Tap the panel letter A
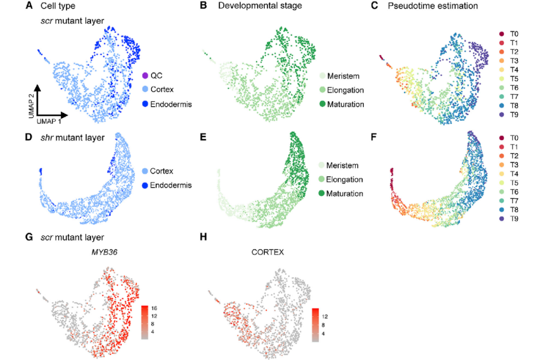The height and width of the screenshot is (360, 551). [30, 6]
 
